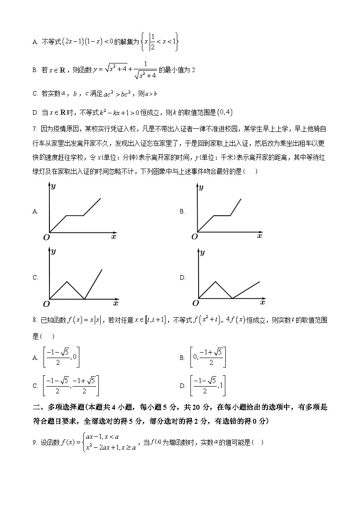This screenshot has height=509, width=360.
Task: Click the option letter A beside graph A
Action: click(35, 211)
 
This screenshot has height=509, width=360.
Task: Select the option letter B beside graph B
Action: click(182, 211)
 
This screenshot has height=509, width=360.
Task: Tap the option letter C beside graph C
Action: click(35, 277)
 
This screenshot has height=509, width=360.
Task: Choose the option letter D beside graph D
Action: click(182, 277)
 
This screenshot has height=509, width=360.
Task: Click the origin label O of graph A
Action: click(46, 237)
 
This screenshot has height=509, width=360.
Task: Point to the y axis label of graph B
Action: click(201, 187)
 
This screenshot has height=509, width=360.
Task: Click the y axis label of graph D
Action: click(202, 252)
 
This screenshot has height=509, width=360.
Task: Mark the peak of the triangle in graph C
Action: click(67, 282)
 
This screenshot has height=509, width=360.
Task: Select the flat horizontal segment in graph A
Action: click(75, 215)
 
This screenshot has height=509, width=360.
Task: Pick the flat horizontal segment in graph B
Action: click(222, 215)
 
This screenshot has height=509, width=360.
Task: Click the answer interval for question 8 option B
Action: click(209, 357)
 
